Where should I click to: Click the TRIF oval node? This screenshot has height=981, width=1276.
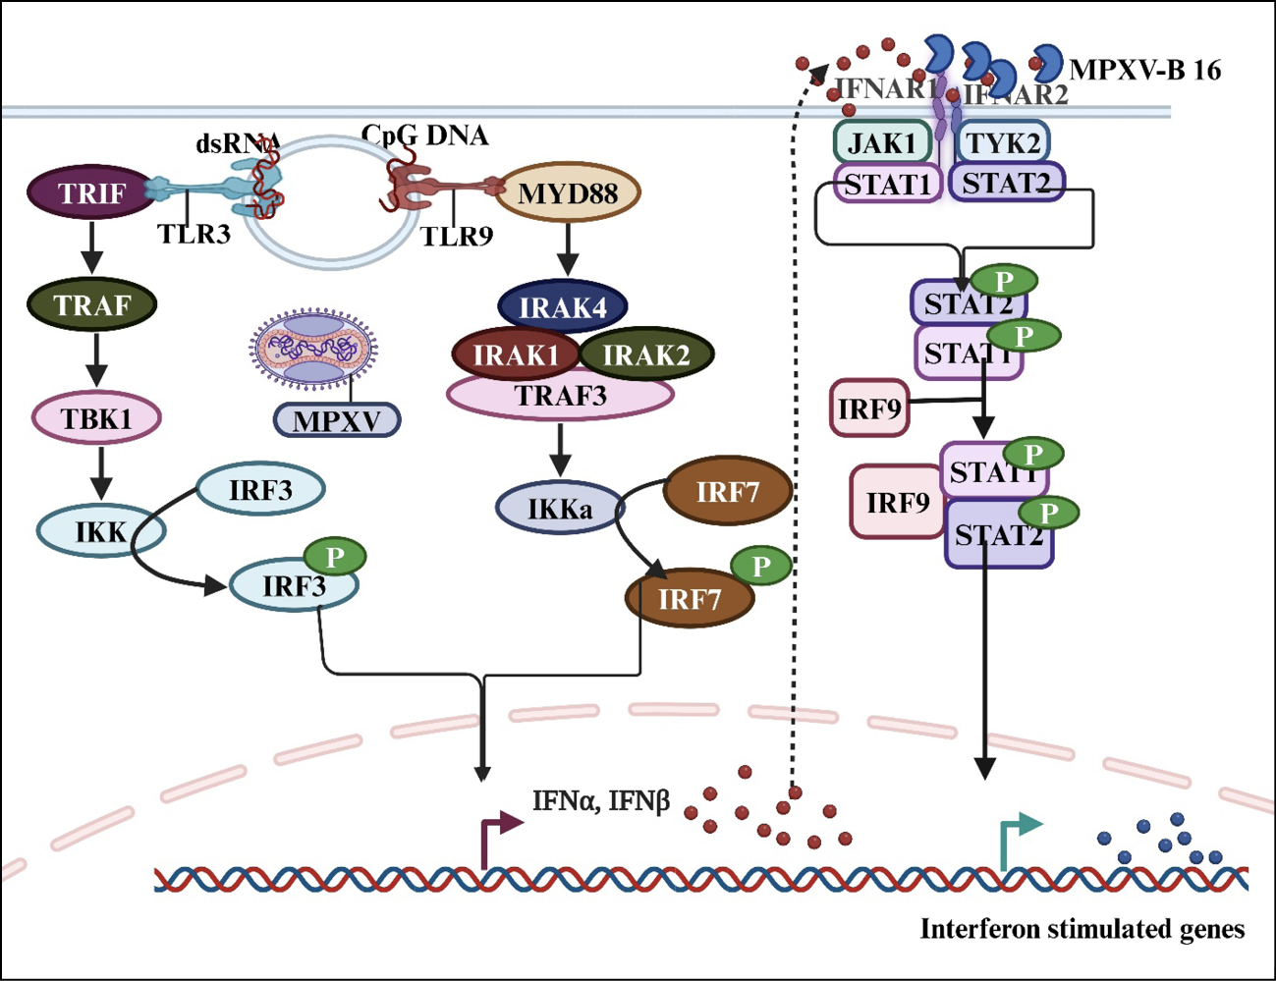pyautogui.click(x=91, y=192)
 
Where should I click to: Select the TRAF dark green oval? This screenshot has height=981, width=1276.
pyautogui.click(x=91, y=304)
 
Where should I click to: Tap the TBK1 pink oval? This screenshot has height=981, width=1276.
pyautogui.click(x=96, y=418)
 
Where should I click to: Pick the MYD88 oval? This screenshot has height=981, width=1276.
pyautogui.click(x=568, y=192)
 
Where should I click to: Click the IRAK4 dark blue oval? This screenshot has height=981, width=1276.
pyautogui.click(x=563, y=307)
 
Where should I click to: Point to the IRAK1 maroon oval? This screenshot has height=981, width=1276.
pyautogui.click(x=515, y=354)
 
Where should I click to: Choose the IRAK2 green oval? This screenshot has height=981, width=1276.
pyautogui.click(x=646, y=354)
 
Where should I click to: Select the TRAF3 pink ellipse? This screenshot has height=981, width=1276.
pyautogui.click(x=561, y=396)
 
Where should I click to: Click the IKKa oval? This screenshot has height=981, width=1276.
pyautogui.click(x=559, y=509)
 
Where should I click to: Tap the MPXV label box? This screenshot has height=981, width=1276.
pyautogui.click(x=337, y=420)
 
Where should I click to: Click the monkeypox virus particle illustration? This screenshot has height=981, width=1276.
pyautogui.click(x=313, y=349)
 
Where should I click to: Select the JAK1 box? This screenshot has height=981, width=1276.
pyautogui.click(x=881, y=142)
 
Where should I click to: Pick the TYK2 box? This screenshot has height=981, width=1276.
pyautogui.click(x=1003, y=142)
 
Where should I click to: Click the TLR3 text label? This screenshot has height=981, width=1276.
pyautogui.click(x=194, y=234)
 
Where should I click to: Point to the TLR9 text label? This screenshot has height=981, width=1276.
pyautogui.click(x=457, y=236)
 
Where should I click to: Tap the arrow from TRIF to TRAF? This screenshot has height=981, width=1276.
pyautogui.click(x=91, y=247)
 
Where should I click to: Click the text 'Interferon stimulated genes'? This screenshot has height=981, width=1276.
pyautogui.click(x=1082, y=929)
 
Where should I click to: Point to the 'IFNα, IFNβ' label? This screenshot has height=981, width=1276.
pyautogui.click(x=600, y=801)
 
